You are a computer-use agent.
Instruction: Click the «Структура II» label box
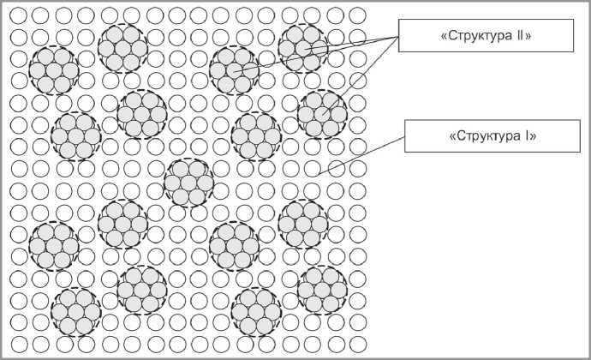click(474, 35)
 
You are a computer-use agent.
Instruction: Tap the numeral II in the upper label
click(522, 36)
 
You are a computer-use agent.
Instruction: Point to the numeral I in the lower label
click(524, 136)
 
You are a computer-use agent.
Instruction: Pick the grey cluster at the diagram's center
click(188, 181)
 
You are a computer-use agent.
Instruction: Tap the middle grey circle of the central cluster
click(188, 181)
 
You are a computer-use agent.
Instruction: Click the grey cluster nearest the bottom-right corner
click(322, 289)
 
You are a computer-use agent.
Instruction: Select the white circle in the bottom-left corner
click(17, 345)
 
